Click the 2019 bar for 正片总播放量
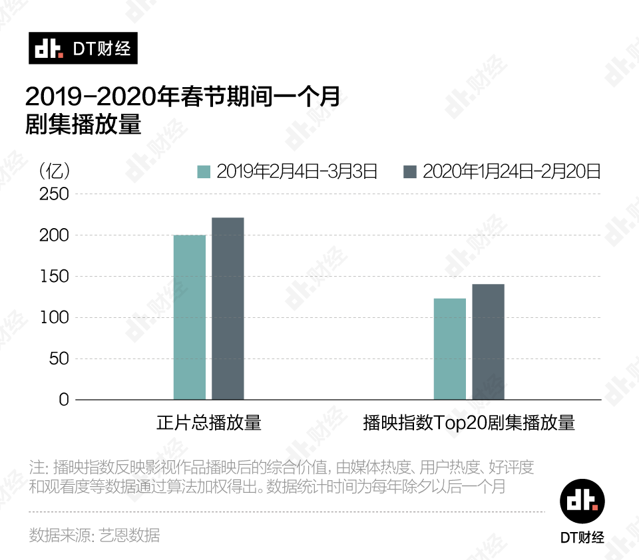tap(190, 317)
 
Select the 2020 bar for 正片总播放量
tap(228, 309)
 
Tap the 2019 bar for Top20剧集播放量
tap(450, 349)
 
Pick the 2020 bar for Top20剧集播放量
tap(488, 342)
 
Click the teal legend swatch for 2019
tap(204, 172)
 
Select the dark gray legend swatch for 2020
tap(410, 172)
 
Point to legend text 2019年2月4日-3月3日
tap(297, 172)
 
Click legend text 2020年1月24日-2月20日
tap(512, 172)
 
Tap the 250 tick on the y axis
tap(54, 194)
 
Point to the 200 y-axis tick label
tap(54, 235)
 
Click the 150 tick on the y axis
tap(54, 277)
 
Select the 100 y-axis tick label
tap(54, 318)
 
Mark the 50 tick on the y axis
tap(59, 359)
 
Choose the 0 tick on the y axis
tap(63, 400)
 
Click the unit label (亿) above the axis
tap(54, 171)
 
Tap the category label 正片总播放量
tap(208, 423)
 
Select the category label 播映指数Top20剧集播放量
tap(469, 423)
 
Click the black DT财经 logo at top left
tap(83, 49)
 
